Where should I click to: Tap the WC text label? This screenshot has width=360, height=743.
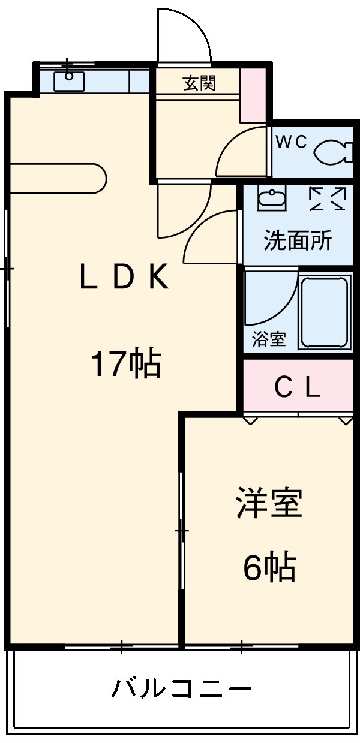[292, 142]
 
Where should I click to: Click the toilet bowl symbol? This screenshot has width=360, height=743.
[329, 152]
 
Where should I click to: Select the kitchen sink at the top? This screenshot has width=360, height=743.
[69, 80]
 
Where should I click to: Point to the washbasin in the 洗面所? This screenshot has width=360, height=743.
[272, 198]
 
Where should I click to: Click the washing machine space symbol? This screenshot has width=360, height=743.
[328, 199]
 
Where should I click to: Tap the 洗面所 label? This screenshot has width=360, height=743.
[298, 241]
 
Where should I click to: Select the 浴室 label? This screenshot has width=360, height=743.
[268, 339]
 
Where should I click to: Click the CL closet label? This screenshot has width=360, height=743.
[298, 389]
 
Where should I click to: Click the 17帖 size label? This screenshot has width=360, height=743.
[125, 364]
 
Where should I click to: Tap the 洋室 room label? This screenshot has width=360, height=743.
[268, 503]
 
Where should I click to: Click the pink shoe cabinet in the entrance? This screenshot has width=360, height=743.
[253, 95]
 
